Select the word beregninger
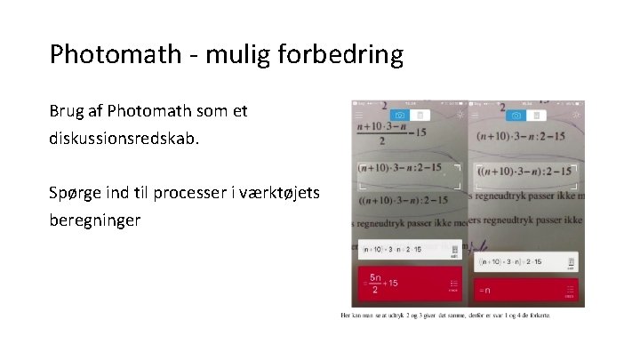pyautogui.click(x=95, y=219)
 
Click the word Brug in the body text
pyautogui.click(x=67, y=113)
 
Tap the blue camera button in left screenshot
pyautogui.click(x=400, y=115)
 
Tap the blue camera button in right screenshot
pyautogui.click(x=514, y=115)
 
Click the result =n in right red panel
pyautogui.click(x=484, y=291)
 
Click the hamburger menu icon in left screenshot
pyautogui.click(x=359, y=116)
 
